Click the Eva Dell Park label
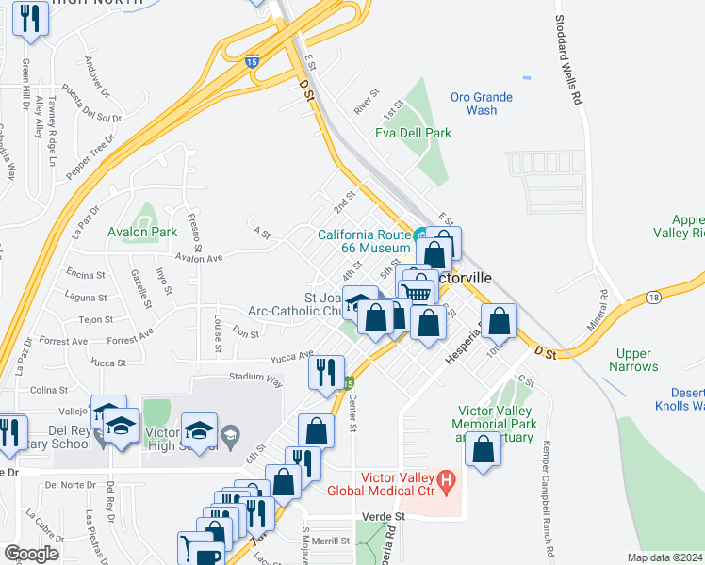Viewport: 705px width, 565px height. tap(413, 133)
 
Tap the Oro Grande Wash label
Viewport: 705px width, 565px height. tap(481, 104)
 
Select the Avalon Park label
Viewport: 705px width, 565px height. tap(143, 232)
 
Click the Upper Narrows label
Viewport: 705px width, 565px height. tap(634, 360)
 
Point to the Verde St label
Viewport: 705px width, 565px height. tap(384, 517)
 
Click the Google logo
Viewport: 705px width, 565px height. tap(32, 554)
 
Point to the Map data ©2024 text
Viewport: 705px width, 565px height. tap(664, 557)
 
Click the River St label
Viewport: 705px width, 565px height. tap(366, 101)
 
